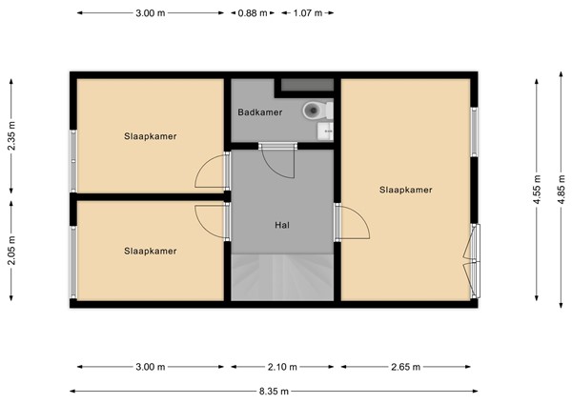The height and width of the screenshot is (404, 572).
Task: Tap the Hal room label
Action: (282, 225)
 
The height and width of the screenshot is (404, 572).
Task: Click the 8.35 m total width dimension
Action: (275, 390)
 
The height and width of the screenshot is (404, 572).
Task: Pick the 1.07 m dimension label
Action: (308, 13)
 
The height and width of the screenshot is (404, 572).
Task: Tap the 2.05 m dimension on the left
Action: (11, 252)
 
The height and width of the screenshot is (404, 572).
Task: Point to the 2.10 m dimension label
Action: (282, 367)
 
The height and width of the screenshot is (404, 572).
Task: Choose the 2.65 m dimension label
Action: (405, 367)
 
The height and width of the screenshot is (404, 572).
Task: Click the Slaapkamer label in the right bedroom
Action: (405, 190)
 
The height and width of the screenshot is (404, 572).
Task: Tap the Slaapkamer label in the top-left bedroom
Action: (151, 136)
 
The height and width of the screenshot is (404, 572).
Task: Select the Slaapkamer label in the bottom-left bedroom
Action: (151, 251)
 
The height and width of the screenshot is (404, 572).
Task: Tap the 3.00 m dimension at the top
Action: (151, 13)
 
